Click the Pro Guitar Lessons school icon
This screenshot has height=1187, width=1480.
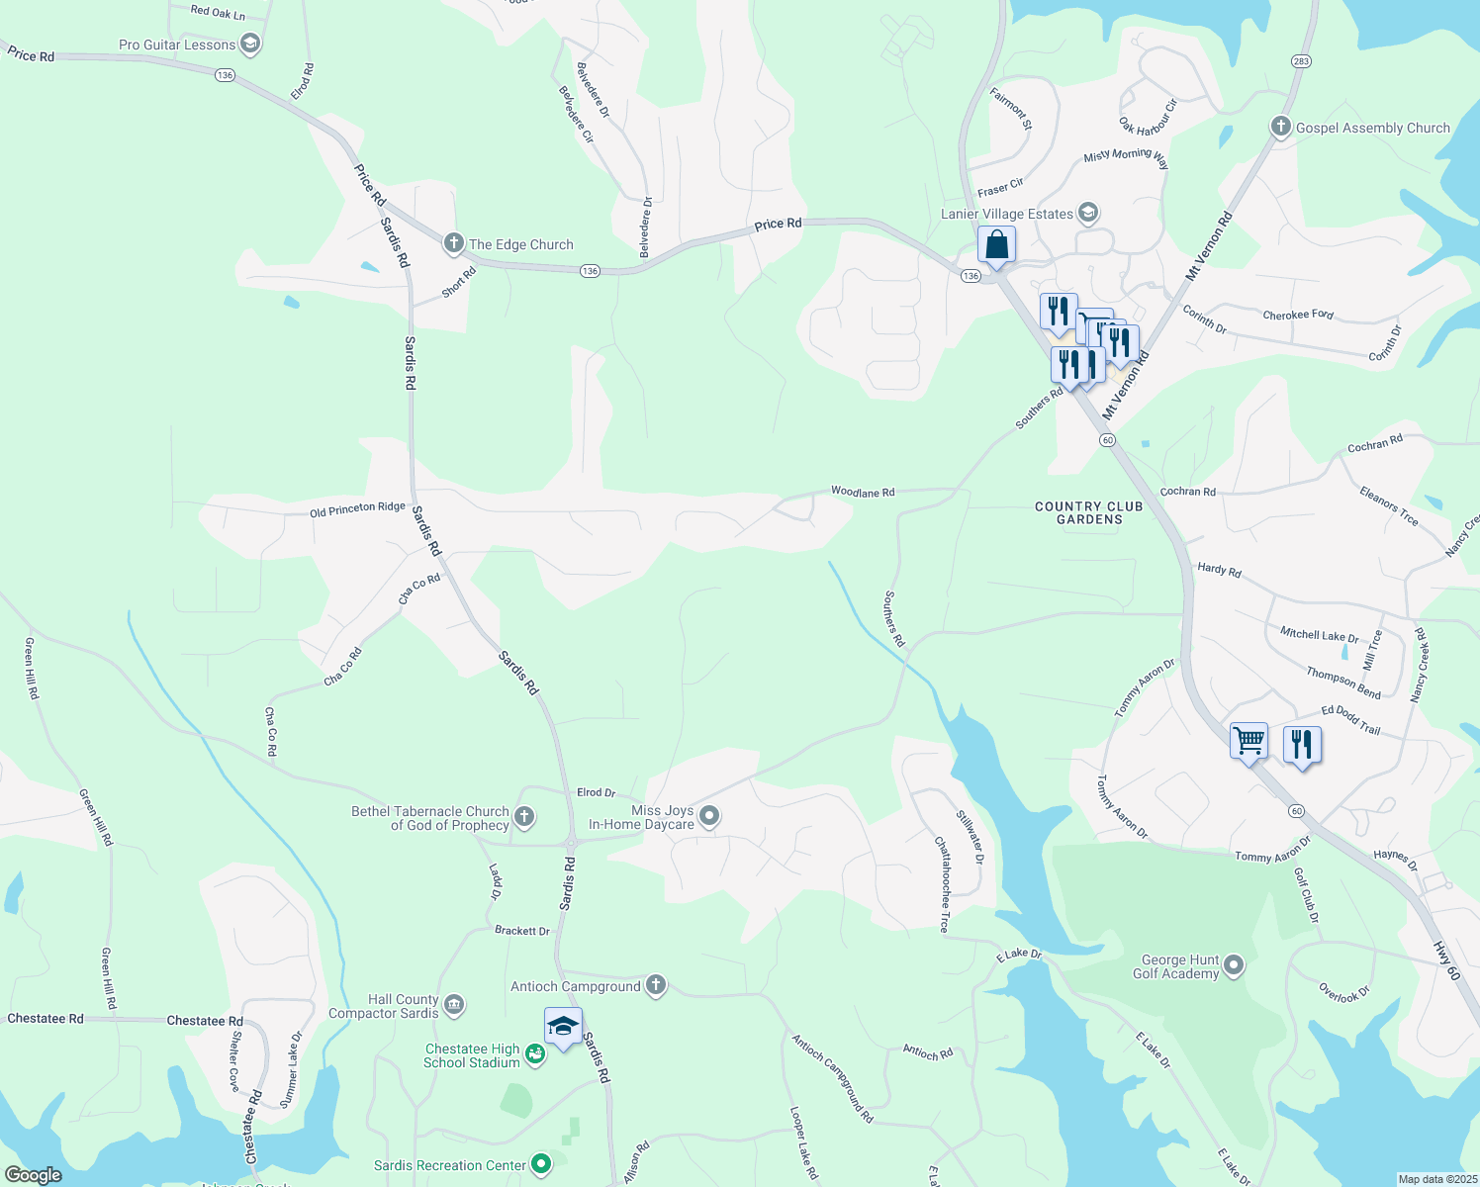pyautogui.click(x=250, y=44)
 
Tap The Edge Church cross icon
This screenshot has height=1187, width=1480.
pyautogui.click(x=454, y=243)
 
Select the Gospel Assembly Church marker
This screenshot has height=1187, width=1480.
pyautogui.click(x=1280, y=127)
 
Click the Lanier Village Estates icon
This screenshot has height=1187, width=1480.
pyautogui.click(x=1088, y=213)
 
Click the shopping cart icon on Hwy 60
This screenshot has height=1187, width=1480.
pyautogui.click(x=1249, y=740)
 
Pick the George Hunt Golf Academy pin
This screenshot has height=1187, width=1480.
pyautogui.click(x=1234, y=965)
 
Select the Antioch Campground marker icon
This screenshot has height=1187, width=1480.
pyautogui.click(x=656, y=985)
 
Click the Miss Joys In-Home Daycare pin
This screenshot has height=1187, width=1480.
pyautogui.click(x=709, y=816)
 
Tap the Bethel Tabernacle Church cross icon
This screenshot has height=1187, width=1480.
pyautogui.click(x=525, y=817)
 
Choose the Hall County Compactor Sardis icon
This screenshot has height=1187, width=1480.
pyautogui.click(x=454, y=1005)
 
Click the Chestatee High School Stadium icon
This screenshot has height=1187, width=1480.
pyautogui.click(x=535, y=1054)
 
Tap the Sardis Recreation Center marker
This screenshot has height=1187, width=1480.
pyautogui.click(x=540, y=1164)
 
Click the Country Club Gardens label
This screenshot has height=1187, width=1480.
pyautogui.click(x=1088, y=512)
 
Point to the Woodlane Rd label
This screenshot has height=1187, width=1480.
pyautogui.click(x=863, y=492)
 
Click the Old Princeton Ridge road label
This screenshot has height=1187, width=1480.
pyautogui.click(x=357, y=508)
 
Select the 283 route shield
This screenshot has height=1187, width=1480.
pyautogui.click(x=1301, y=61)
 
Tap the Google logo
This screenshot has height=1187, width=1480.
pyautogui.click(x=33, y=1174)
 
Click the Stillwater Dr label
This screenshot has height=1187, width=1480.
pyautogui.click(x=971, y=837)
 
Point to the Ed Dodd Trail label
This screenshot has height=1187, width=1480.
pyautogui.click(x=1350, y=719)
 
